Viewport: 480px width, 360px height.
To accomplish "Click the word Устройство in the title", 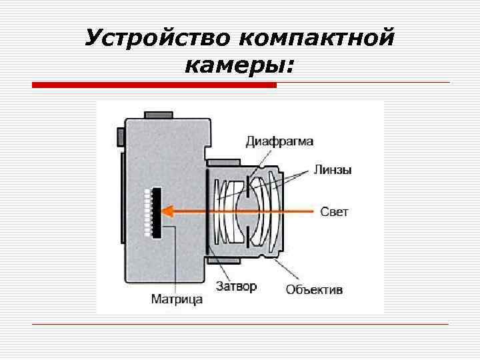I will point(155,38).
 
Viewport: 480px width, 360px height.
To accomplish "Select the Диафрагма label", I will point(279,141).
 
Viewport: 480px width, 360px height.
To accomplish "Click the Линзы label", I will point(333,170).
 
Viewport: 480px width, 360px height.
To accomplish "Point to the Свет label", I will point(334,212).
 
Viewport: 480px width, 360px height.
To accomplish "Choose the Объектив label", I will point(314,289).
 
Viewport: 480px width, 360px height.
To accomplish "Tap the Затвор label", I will point(236,287).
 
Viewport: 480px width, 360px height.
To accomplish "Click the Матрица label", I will point(177,299).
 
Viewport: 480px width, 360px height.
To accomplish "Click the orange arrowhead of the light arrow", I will point(169,212).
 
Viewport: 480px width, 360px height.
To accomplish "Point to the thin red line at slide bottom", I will point(240,324).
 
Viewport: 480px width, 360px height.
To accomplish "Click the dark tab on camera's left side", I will point(120,136).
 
